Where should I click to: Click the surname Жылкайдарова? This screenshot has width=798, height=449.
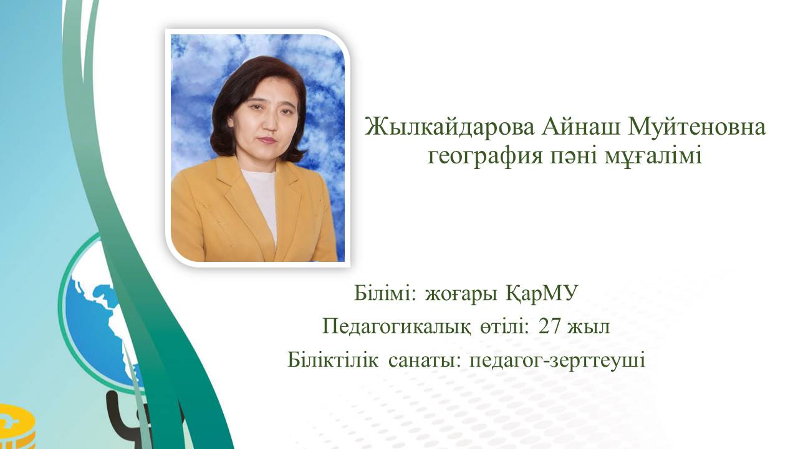449,127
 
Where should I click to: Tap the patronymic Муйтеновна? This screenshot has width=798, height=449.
696,127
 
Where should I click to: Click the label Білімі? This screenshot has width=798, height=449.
385,294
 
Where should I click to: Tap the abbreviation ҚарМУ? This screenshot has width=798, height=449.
541,294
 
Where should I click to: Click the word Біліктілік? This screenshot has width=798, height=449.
333,360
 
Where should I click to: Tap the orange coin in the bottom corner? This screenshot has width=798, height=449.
17,427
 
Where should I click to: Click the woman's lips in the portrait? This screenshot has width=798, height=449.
268,140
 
